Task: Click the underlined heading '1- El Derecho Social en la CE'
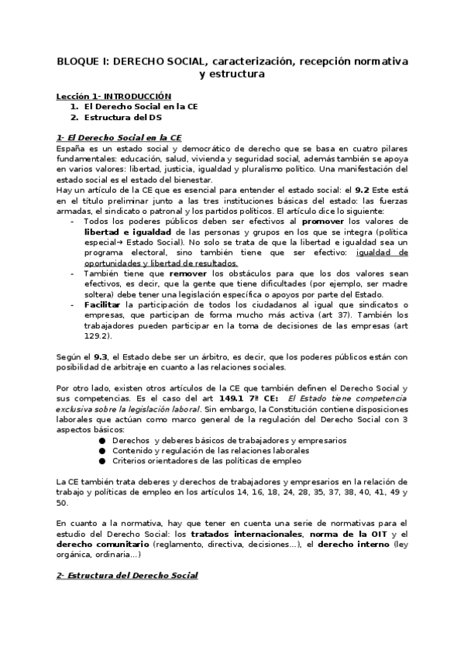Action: click(x=119, y=136)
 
